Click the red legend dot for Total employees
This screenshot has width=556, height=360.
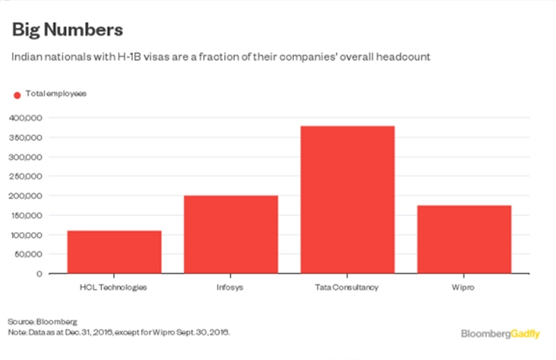pyautogui.click(x=15, y=94)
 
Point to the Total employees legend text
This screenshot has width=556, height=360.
pyautogui.click(x=56, y=94)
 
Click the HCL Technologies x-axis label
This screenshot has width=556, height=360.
pyautogui.click(x=114, y=288)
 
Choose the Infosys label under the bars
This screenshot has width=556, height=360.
pyautogui.click(x=231, y=288)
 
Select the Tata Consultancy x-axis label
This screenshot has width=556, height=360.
pyautogui.click(x=347, y=288)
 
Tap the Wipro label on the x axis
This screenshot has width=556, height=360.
pyautogui.click(x=464, y=288)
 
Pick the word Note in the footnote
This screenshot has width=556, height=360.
pyautogui.click(x=17, y=331)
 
